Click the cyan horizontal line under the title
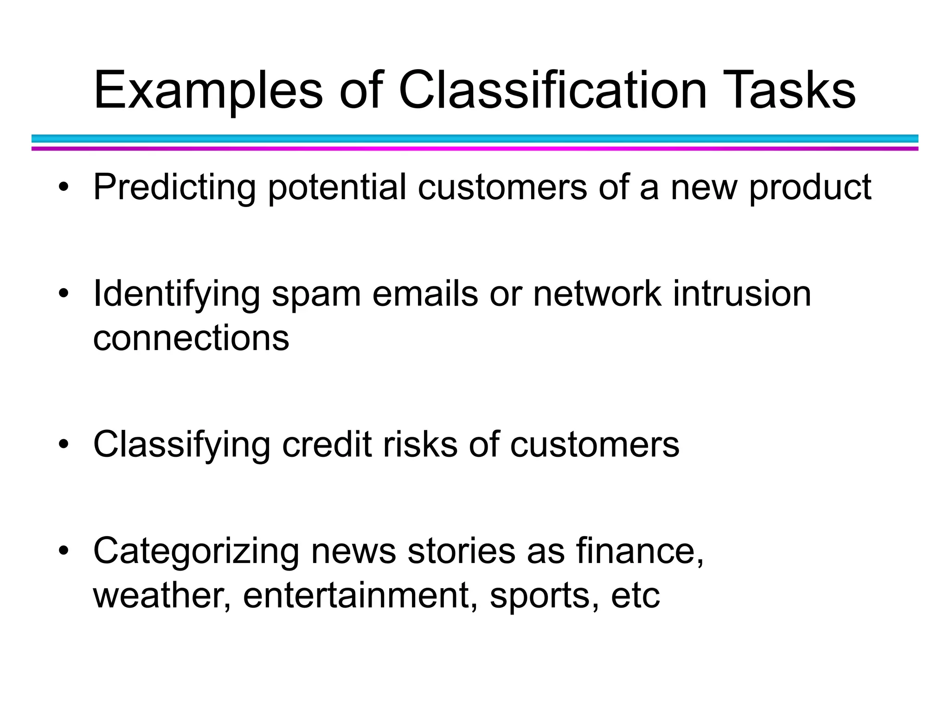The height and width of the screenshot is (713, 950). (x=475, y=138)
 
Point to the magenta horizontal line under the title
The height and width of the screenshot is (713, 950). (x=475, y=149)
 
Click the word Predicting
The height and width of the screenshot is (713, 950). (x=174, y=187)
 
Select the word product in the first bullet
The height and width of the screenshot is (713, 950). (x=810, y=187)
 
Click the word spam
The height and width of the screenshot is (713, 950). (x=316, y=294)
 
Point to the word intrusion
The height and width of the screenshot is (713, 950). (x=742, y=294)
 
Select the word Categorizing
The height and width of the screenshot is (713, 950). (x=196, y=551)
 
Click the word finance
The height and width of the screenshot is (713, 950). (x=639, y=551)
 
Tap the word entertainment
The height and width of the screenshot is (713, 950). (x=360, y=595)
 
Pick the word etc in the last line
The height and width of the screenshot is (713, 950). (x=635, y=595)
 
